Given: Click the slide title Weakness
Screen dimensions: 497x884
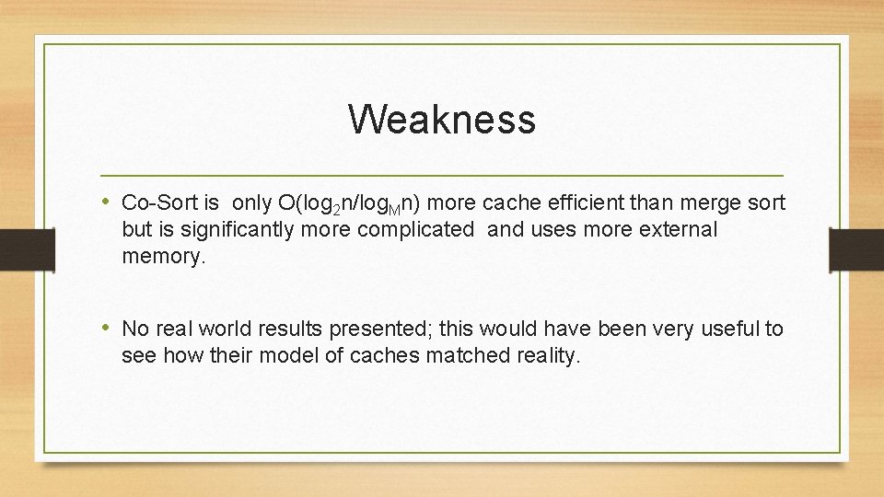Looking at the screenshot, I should point(442,120).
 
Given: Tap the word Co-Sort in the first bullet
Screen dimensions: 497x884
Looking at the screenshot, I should point(154,202).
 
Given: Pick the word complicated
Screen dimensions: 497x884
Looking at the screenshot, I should point(413,230).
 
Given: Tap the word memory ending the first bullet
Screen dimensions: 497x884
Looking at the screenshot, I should point(163,257).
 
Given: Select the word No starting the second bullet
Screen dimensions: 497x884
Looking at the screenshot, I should point(135,329).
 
